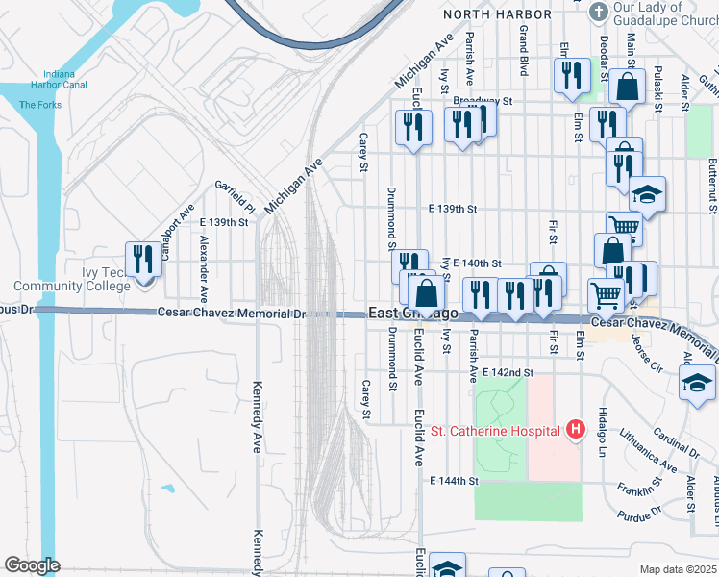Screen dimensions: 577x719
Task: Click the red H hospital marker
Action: point(576,429)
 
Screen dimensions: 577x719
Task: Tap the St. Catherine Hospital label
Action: point(495,431)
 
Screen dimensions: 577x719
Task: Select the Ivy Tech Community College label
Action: point(72,279)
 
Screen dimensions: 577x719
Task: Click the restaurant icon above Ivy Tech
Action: point(144,259)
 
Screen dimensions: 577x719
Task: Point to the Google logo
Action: point(32,565)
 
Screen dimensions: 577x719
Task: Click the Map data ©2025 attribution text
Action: point(678,569)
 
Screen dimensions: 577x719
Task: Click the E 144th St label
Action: point(454,480)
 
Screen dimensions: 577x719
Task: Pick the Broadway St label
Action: point(484,100)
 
